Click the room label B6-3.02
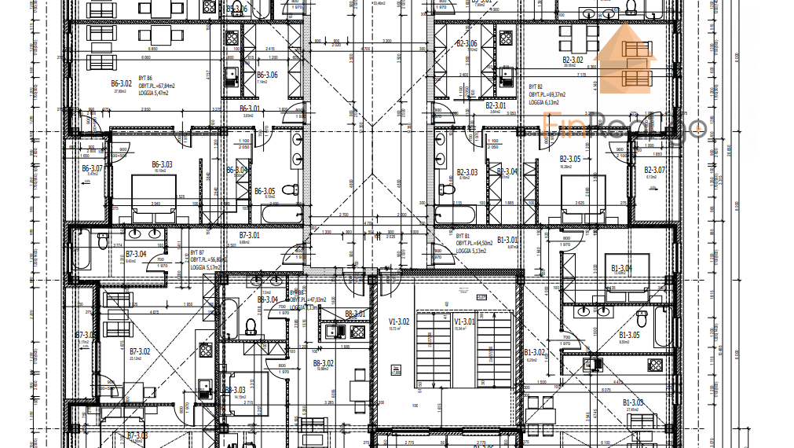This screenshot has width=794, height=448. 120,83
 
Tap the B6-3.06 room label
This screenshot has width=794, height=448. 268,75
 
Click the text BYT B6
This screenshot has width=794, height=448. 146,79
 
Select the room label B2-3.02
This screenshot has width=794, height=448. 573,60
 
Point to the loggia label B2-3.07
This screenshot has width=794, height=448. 654,170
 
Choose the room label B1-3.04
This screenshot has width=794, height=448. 620,268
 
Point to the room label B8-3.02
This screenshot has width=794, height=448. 324,363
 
